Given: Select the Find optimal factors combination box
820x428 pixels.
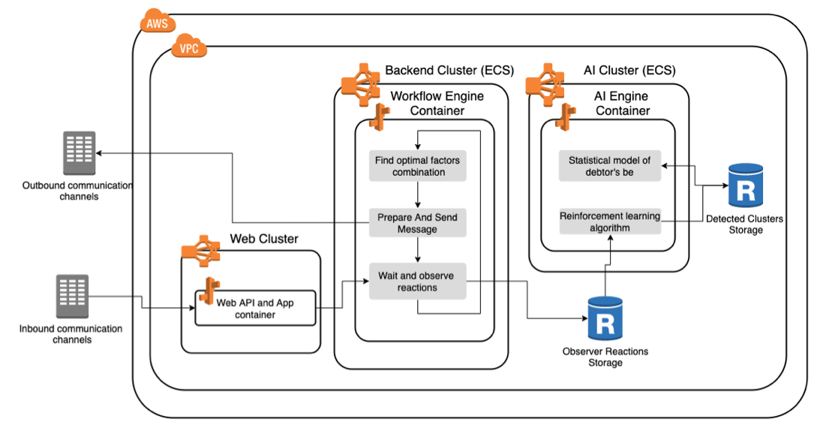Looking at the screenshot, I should [418, 166].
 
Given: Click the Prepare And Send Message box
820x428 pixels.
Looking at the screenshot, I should [417, 223].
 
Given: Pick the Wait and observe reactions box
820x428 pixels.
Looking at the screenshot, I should [417, 282].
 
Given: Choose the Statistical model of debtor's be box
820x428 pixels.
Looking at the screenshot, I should [609, 167].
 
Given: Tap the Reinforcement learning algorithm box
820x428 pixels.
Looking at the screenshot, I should [609, 222].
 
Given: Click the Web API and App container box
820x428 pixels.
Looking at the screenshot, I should [255, 308].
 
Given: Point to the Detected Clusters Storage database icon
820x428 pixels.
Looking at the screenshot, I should [745, 186].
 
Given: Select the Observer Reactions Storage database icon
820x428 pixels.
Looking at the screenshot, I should [605, 319].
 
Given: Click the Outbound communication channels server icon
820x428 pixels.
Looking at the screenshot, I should [80, 153].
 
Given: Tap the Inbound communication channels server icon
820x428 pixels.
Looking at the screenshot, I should [72, 296].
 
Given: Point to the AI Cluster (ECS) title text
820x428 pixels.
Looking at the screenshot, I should [629, 71].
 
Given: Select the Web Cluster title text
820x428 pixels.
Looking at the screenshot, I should [263, 239].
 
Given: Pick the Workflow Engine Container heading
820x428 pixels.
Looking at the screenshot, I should [437, 103].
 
